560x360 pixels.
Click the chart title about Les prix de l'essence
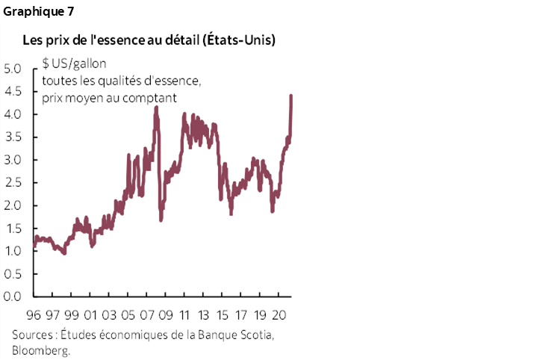click(x=149, y=39)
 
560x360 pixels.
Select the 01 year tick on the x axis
click(x=92, y=315)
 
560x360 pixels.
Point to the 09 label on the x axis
click(x=166, y=315)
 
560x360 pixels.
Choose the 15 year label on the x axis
click(x=221, y=315)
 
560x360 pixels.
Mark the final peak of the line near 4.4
click(x=290, y=96)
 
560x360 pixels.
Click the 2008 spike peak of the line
click(x=156, y=108)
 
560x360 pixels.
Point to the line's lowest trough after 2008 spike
click(x=161, y=220)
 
